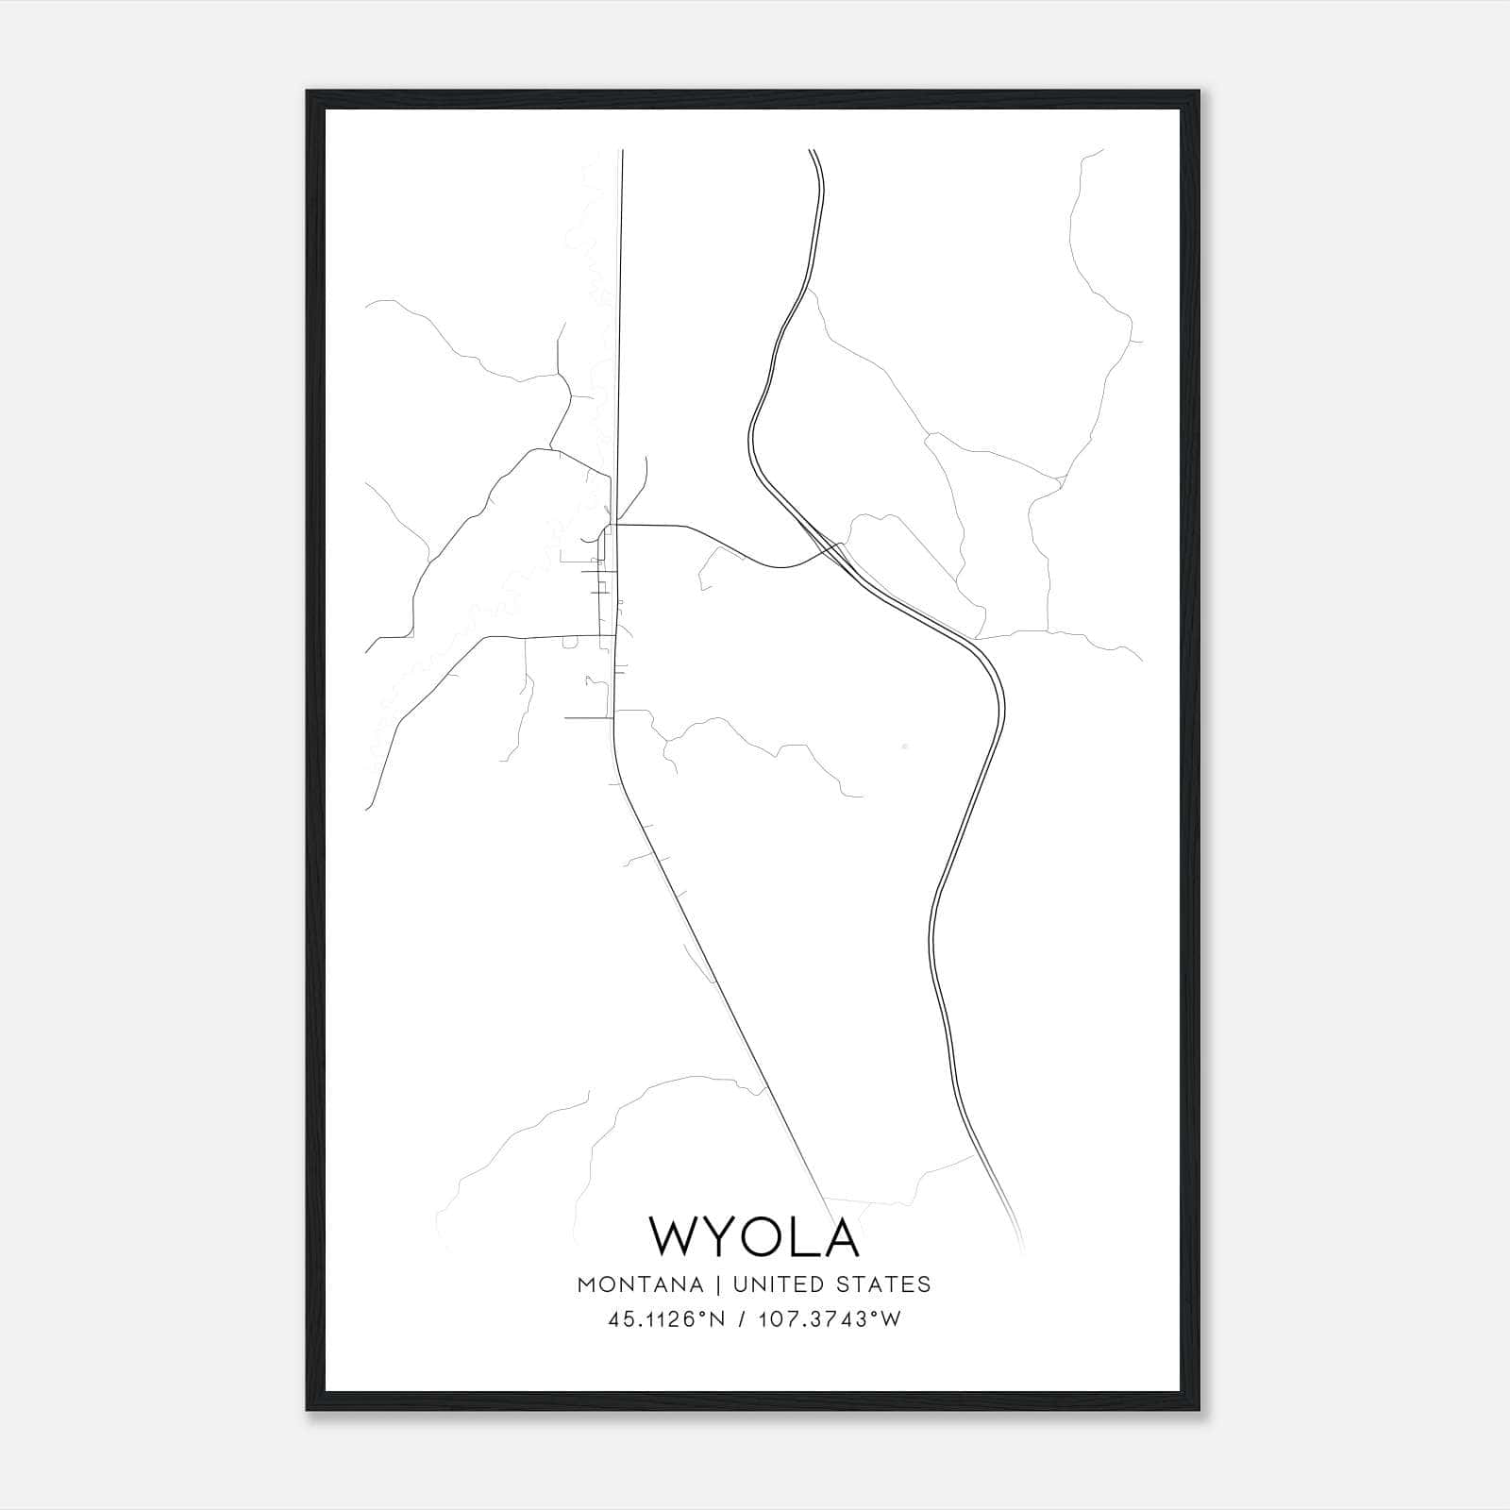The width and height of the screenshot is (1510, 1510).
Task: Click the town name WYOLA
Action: [x=754, y=1236]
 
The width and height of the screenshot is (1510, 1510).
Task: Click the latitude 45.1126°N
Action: [x=667, y=1319]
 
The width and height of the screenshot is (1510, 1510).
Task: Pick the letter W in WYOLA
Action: [x=675, y=1236]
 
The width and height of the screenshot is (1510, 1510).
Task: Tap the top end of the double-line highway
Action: [x=813, y=151]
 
